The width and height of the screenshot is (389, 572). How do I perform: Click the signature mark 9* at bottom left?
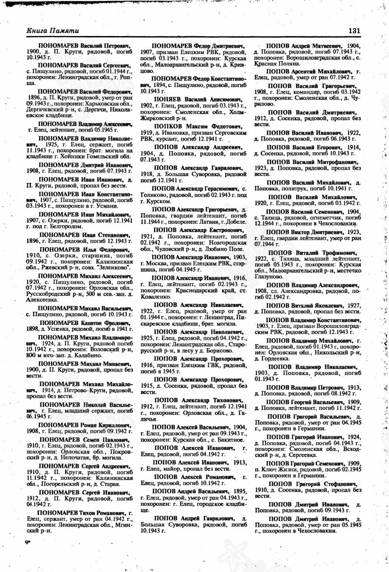[27, 541]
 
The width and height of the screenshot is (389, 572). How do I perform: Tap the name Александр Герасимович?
[210, 188]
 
